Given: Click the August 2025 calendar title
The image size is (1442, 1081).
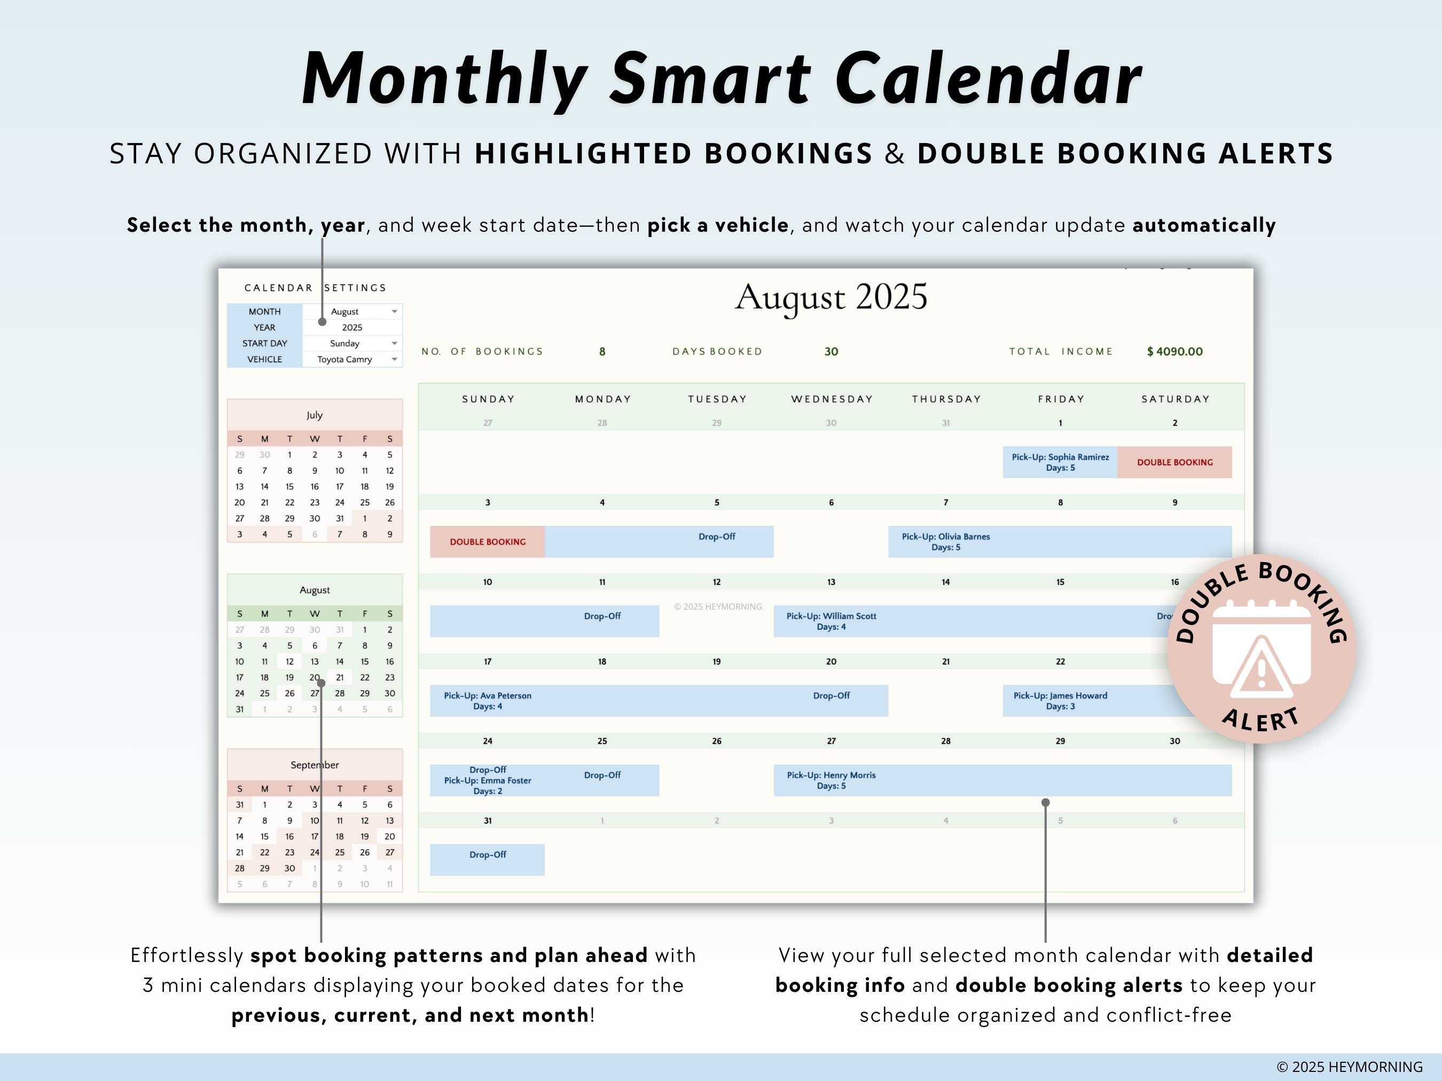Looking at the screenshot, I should (830, 297).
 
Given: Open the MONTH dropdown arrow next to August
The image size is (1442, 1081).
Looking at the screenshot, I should (394, 311).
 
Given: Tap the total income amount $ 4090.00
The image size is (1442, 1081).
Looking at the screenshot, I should (1175, 352).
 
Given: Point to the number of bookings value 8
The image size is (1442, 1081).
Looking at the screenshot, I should (602, 352).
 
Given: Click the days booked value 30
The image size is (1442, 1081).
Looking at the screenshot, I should (830, 352).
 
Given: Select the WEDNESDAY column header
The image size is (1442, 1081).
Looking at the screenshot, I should (832, 399).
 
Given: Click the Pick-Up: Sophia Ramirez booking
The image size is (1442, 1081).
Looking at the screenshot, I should (1060, 462).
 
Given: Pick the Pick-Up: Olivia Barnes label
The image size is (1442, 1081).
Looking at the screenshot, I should (945, 541).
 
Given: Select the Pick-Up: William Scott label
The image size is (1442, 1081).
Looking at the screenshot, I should (831, 621).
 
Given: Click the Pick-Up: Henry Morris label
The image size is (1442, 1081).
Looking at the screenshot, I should (831, 780).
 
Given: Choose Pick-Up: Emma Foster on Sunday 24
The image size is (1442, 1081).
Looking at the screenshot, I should (488, 780).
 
